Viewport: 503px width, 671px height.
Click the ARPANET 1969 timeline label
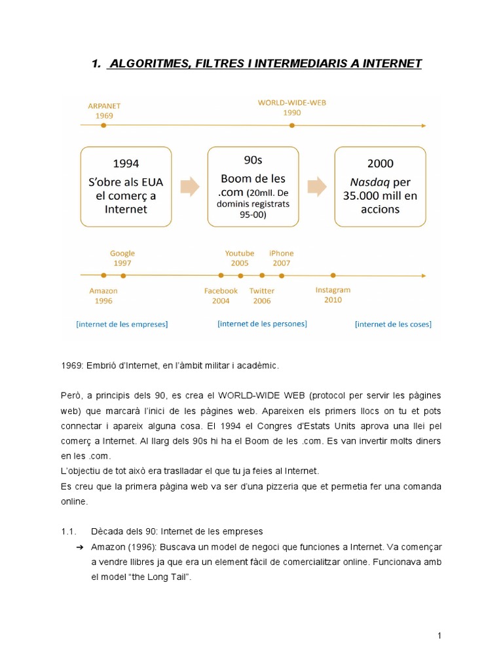point(103,109)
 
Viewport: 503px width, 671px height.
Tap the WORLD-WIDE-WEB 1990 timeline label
point(291,107)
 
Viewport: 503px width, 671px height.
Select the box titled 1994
point(126,186)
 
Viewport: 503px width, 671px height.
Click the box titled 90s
point(253,186)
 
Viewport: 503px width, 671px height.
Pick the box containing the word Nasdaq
point(380,186)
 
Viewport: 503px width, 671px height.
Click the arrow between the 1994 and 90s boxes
point(189,187)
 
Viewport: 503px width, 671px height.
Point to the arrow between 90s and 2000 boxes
point(316,187)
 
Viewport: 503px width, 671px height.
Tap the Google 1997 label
point(122,258)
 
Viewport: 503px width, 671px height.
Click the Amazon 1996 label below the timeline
point(103,296)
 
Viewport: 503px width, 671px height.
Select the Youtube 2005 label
point(239,258)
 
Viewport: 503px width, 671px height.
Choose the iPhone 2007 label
point(282,258)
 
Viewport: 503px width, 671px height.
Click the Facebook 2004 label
point(221,296)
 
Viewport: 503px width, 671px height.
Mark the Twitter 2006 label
point(262,296)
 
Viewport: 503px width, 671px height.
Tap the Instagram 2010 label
point(333,295)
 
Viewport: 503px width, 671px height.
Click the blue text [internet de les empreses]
point(122,324)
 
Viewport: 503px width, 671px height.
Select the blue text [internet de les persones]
point(262,323)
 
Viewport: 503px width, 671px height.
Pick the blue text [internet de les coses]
point(393,324)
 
